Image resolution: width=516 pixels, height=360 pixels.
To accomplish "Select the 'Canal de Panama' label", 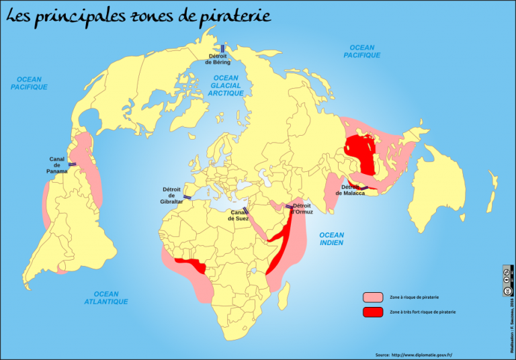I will pyautogui.click(x=57, y=165).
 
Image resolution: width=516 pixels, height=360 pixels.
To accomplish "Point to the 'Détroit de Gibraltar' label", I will pyautogui.click(x=171, y=195).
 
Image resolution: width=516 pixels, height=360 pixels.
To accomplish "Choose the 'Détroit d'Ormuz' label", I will pyautogui.click(x=302, y=208).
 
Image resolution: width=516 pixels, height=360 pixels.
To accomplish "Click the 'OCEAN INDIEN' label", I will pyautogui.click(x=331, y=239).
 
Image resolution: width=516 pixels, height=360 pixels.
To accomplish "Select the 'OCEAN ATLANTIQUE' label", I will pyautogui.click(x=106, y=298).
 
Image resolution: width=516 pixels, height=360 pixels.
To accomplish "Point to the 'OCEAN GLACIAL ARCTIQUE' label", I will pyautogui.click(x=226, y=86).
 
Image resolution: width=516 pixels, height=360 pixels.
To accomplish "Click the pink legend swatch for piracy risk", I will pyautogui.click(x=372, y=297).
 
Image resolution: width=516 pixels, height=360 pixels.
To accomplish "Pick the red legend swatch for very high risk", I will pyautogui.click(x=372, y=312).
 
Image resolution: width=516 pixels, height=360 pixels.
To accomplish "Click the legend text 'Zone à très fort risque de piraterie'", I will pyautogui.click(x=422, y=312).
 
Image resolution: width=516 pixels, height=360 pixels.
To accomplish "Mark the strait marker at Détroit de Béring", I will pyautogui.click(x=222, y=48).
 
